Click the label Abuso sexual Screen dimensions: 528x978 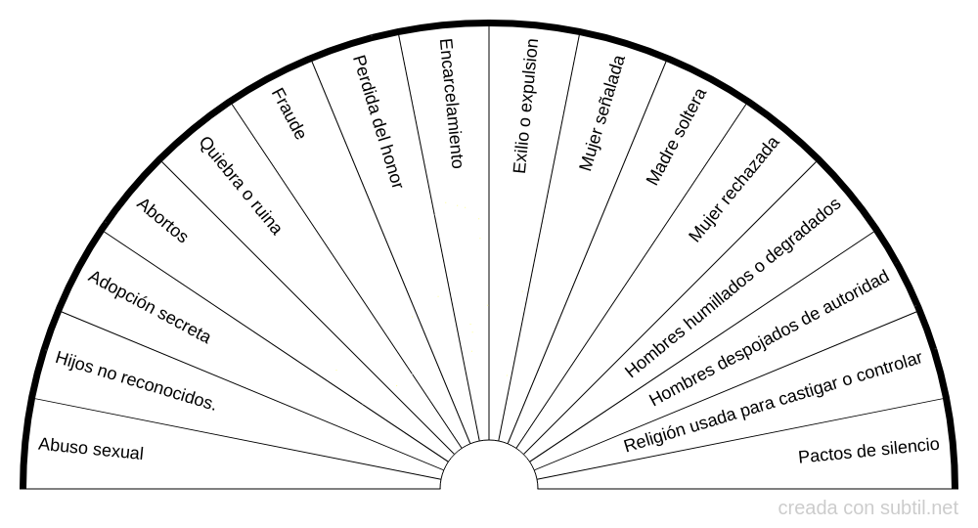(91, 449)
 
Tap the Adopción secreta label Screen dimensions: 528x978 (149, 307)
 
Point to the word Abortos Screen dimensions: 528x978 (162, 221)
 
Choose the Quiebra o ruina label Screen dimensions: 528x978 (241, 186)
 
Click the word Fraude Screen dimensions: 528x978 (289, 114)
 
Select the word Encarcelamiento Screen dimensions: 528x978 (450, 104)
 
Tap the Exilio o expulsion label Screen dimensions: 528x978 (525, 107)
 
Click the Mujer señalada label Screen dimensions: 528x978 (601, 113)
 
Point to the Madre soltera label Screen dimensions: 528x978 (677, 136)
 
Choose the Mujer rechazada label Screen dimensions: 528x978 (734, 189)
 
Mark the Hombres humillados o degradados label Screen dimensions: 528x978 (733, 288)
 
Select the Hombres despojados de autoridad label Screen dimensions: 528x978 (770, 338)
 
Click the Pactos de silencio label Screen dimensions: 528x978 (868, 451)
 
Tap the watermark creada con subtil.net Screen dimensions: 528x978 (868, 508)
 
